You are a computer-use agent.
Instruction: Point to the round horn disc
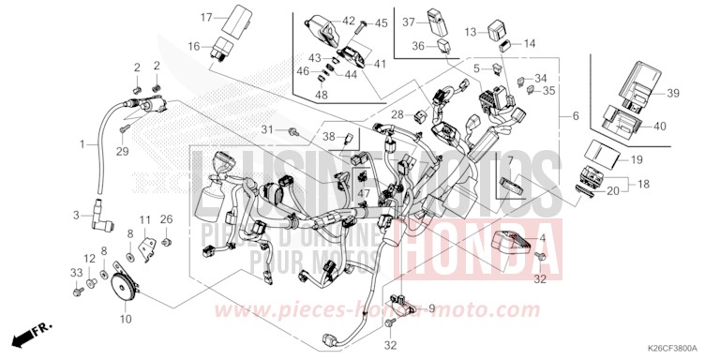[x=121, y=278]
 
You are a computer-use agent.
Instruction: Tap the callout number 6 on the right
[x=575, y=115]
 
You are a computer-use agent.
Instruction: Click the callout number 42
[x=322, y=21]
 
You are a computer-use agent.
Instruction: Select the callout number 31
[x=266, y=129]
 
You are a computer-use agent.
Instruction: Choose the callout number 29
[x=121, y=152]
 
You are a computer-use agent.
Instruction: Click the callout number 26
[x=166, y=219]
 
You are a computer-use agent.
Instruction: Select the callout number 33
[x=74, y=271]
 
